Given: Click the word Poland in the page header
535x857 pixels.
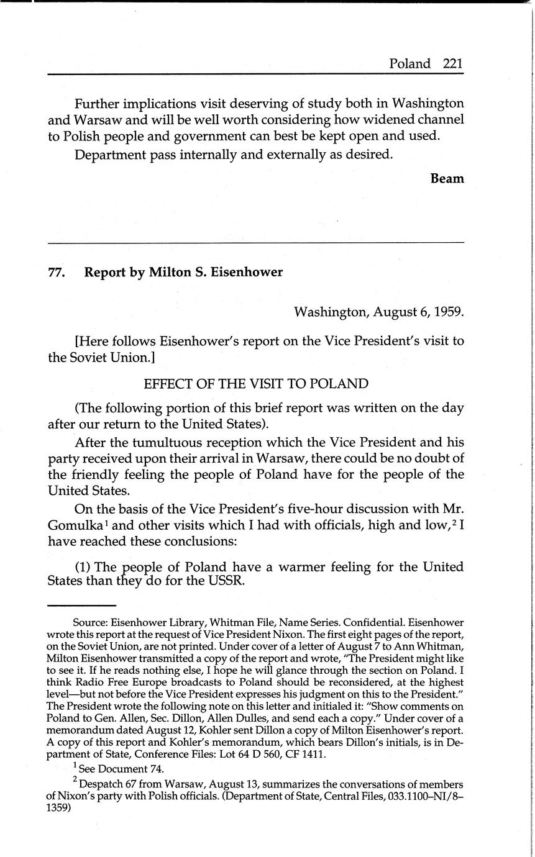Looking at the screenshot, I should click(409, 63).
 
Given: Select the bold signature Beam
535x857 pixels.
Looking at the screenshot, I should click(447, 178).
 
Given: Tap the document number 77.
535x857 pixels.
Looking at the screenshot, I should click(57, 272).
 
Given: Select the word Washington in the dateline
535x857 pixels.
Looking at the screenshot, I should click(331, 311).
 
